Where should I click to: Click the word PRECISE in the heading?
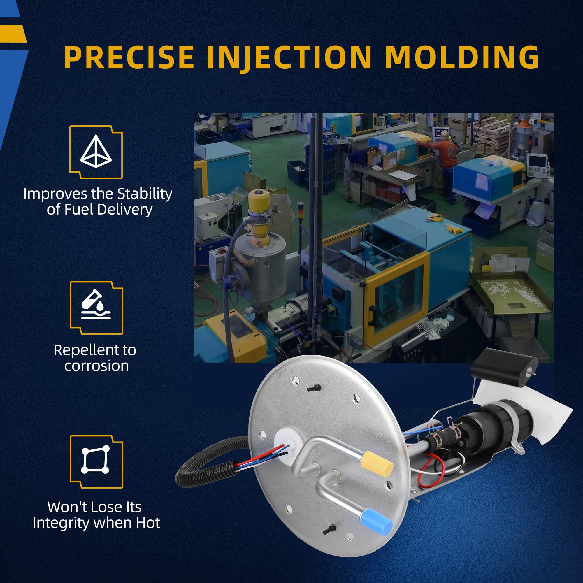[129, 57]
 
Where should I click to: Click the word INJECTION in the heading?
[289, 59]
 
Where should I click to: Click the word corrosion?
[96, 366]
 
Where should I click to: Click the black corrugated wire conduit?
[208, 465]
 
